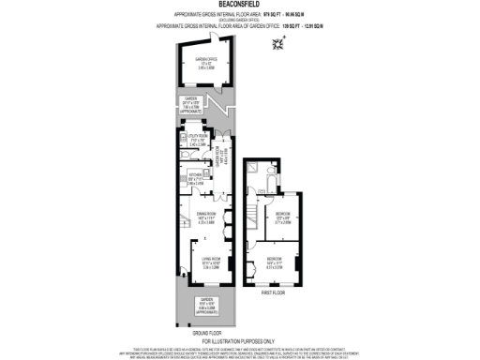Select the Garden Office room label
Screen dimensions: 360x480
[x=206, y=62]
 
